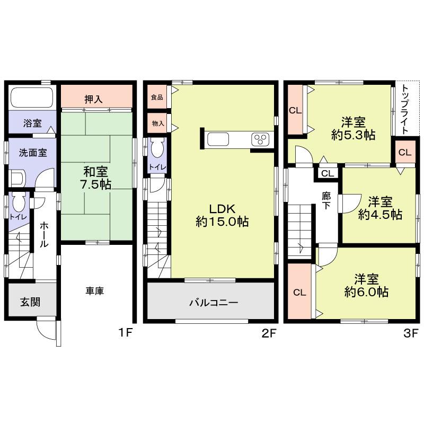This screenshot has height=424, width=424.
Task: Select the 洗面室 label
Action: tap(33, 153)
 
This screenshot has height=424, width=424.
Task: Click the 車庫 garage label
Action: tap(94, 290)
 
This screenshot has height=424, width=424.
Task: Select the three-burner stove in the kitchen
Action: tap(261, 140)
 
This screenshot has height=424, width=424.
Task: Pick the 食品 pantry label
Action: tap(157, 98)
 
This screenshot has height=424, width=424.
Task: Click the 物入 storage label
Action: tap(157, 123)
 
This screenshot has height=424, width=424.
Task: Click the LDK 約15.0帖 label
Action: tap(222, 215)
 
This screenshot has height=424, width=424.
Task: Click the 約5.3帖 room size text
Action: tap(353, 135)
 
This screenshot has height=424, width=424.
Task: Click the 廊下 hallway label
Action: tap(326, 200)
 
